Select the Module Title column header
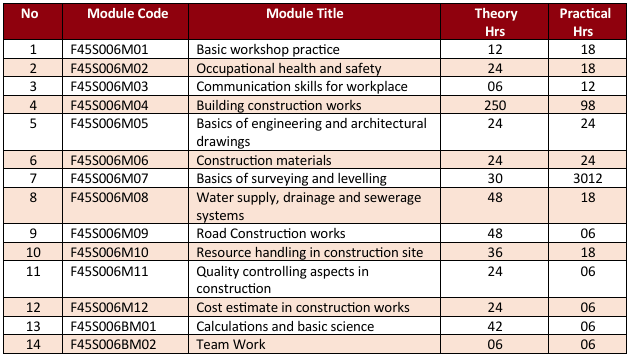[x=304, y=16]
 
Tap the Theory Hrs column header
[x=493, y=23]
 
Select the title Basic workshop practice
[x=268, y=49]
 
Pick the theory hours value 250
[x=493, y=105]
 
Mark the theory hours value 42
[x=493, y=326]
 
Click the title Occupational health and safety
[x=288, y=68]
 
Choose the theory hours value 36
[x=493, y=252]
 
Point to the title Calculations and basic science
[x=285, y=326]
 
